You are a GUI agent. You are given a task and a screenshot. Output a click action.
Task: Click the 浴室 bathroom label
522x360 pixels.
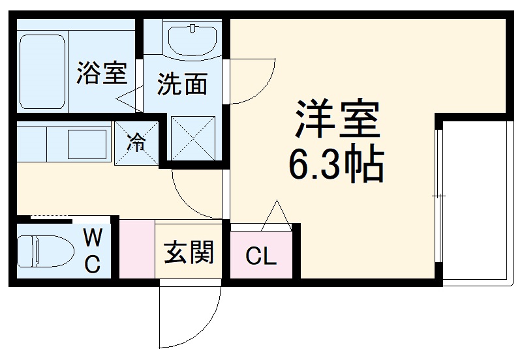(x=101, y=72)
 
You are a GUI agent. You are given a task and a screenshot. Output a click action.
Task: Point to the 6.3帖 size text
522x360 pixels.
(x=336, y=166)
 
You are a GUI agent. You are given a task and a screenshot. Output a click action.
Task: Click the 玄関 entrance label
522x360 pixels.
(x=189, y=252)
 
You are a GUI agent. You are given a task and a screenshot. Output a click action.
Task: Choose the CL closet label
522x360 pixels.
(x=261, y=257)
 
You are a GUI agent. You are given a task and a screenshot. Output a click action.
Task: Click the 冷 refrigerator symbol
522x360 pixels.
(x=136, y=142)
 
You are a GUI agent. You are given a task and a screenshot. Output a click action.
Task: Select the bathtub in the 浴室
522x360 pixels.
(x=42, y=72)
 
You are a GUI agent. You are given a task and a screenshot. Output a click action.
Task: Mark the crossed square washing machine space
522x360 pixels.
(x=193, y=138)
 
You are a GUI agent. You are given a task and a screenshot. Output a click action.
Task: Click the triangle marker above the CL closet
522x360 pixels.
(x=277, y=216)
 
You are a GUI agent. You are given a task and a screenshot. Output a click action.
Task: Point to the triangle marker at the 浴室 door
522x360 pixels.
(x=130, y=96)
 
